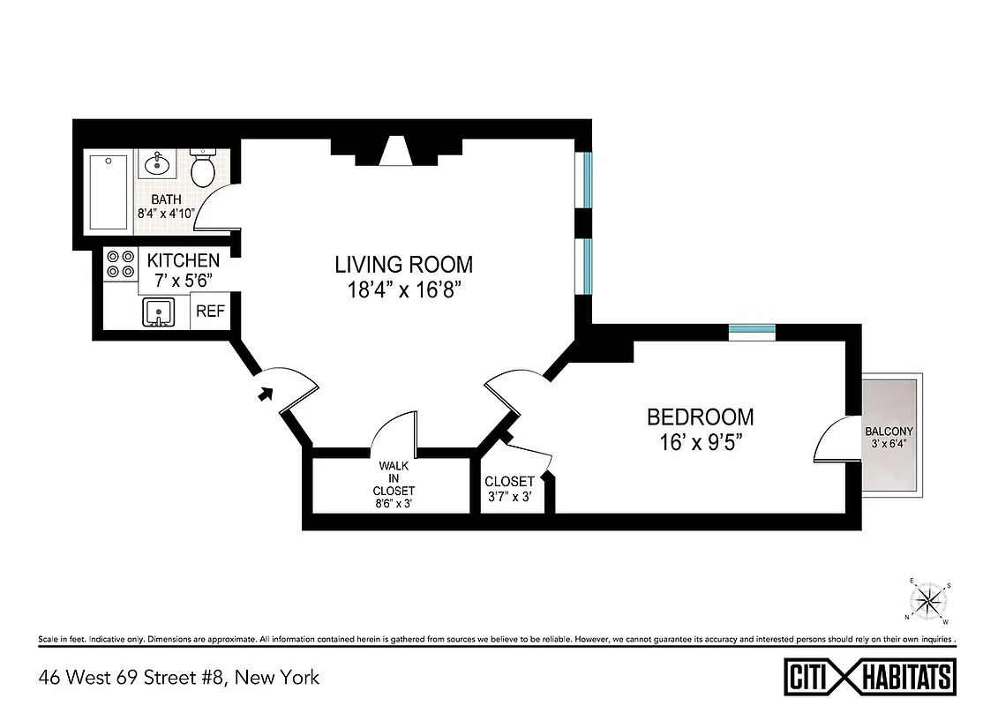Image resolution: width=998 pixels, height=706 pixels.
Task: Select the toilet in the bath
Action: coord(204,169)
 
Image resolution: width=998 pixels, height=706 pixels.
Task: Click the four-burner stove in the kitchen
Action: coord(121,264)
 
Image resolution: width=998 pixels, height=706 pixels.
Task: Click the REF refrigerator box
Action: coord(209,312)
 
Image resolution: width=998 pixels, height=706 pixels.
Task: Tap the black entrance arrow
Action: coord(264,394)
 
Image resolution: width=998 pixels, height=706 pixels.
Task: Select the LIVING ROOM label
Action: coord(403,264)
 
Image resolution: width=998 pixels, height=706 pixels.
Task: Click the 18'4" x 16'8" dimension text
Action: coord(403,290)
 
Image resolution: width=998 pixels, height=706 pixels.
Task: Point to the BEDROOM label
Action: coord(701,417)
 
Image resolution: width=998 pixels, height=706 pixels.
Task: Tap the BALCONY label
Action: coord(889,432)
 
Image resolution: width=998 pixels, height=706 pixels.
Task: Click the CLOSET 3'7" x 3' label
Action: coord(509,489)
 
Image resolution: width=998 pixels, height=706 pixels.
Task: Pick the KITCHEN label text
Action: coord(183,260)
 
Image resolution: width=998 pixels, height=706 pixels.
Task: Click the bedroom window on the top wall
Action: coord(752,332)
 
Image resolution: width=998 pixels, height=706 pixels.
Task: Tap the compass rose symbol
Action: coord(927,601)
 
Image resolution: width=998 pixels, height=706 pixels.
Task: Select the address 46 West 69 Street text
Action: coord(178,678)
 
